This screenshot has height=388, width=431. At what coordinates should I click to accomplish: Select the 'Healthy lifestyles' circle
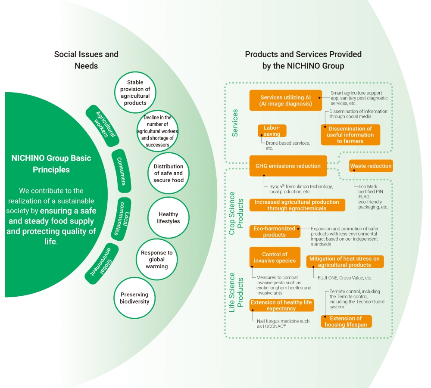tap(169, 217)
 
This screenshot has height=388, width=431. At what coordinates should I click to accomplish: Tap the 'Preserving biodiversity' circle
tap(134, 298)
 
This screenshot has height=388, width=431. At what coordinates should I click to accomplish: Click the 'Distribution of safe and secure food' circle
tap(169, 173)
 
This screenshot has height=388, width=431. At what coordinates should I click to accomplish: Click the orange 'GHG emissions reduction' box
tap(288, 166)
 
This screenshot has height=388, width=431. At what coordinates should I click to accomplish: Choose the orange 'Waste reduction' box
tap(371, 166)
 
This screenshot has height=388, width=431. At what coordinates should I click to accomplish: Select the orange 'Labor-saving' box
tap(272, 131)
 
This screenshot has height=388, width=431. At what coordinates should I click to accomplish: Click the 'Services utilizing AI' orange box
tap(286, 100)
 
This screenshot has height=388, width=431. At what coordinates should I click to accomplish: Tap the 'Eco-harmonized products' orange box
tap(275, 232)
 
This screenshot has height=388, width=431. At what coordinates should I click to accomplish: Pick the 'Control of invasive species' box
tap(275, 257)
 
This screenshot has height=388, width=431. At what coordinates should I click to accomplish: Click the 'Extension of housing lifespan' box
tap(346, 321)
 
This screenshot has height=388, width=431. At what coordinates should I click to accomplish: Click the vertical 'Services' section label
tap(235, 123)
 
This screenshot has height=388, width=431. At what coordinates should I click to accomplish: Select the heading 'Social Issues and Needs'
tap(86, 60)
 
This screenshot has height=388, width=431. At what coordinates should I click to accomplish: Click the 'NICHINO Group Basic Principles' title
tap(51, 164)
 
